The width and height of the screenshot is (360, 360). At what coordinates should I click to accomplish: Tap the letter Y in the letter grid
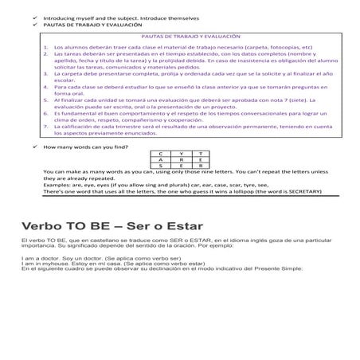pyautogui.click(x=182, y=152)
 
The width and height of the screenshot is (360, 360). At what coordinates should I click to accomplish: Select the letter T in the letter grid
pyautogui.click(x=201, y=152)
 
